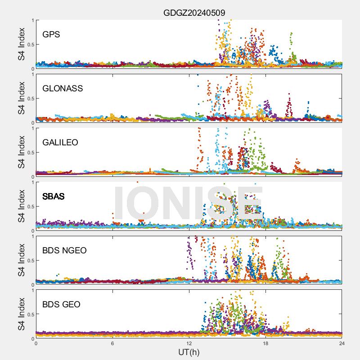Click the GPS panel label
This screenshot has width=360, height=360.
point(51,34)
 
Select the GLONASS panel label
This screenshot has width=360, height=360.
point(63,88)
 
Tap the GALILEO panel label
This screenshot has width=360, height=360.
point(60,142)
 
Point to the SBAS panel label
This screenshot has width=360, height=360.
point(53,196)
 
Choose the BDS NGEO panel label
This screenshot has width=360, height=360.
point(64,250)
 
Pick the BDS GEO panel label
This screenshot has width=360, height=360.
point(61,304)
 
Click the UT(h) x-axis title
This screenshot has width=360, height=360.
point(189,351)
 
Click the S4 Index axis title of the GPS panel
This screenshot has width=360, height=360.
point(21,44)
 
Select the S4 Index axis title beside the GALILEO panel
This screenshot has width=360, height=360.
point(21,152)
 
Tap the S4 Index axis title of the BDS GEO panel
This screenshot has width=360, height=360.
point(21,314)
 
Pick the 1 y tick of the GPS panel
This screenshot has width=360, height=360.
point(32,21)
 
